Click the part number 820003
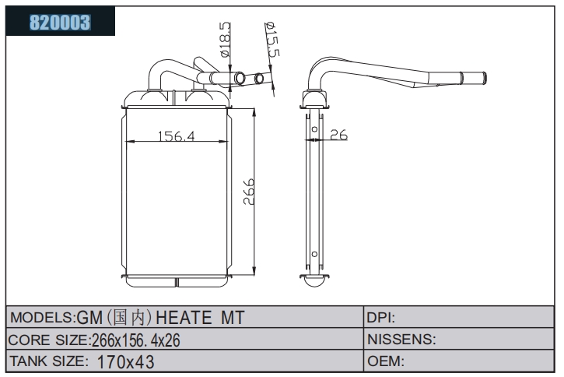[60, 22]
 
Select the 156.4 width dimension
[177, 136]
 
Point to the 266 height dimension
[248, 192]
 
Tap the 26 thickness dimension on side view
[339, 135]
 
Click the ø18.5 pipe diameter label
[224, 39]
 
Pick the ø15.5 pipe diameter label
[272, 39]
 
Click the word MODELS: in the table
[43, 318]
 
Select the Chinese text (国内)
[128, 317]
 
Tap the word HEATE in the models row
[184, 318]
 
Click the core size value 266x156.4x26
[136, 340]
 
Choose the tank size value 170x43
[125, 361]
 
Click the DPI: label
[381, 318]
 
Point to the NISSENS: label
[401, 339]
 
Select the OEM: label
[386, 361]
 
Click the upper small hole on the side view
[314, 129]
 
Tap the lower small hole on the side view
[314, 254]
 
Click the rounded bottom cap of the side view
[314, 281]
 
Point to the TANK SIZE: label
[48, 361]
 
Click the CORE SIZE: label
[49, 340]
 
